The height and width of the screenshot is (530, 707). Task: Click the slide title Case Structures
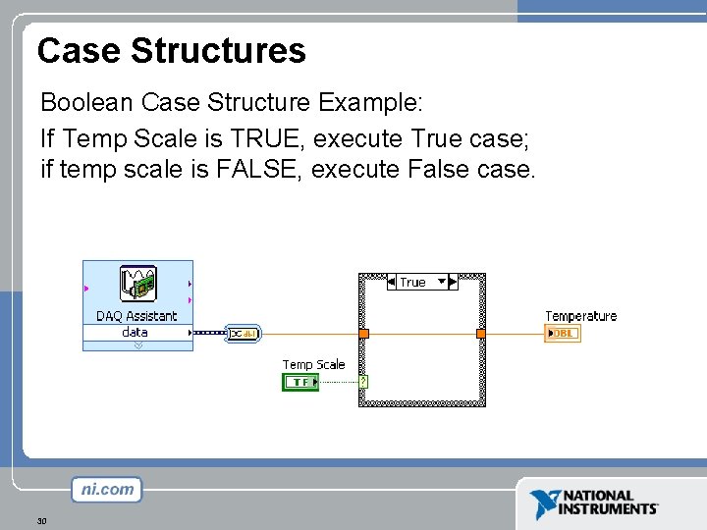172,50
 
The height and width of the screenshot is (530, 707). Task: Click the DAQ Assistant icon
138,285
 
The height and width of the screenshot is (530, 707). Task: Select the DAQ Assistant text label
136,316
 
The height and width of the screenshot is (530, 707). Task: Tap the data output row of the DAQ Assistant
136,333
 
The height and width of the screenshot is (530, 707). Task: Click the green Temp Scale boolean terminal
300,382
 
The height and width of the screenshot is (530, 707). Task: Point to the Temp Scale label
313,364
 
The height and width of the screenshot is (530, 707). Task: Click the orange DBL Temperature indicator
563,334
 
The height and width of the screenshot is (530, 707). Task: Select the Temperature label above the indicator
580,316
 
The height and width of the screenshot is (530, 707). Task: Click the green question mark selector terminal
363,382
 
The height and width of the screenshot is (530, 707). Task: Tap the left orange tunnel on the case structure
363,334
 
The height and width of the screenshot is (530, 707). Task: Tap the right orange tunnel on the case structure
481,334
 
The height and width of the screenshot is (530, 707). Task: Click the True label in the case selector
412,283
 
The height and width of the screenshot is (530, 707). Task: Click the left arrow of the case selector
392,283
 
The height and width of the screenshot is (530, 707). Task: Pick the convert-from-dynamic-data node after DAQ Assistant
242,334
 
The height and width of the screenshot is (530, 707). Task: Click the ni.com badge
106,489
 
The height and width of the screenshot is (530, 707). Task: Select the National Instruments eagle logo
544,503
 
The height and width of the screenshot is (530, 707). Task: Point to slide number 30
41,520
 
